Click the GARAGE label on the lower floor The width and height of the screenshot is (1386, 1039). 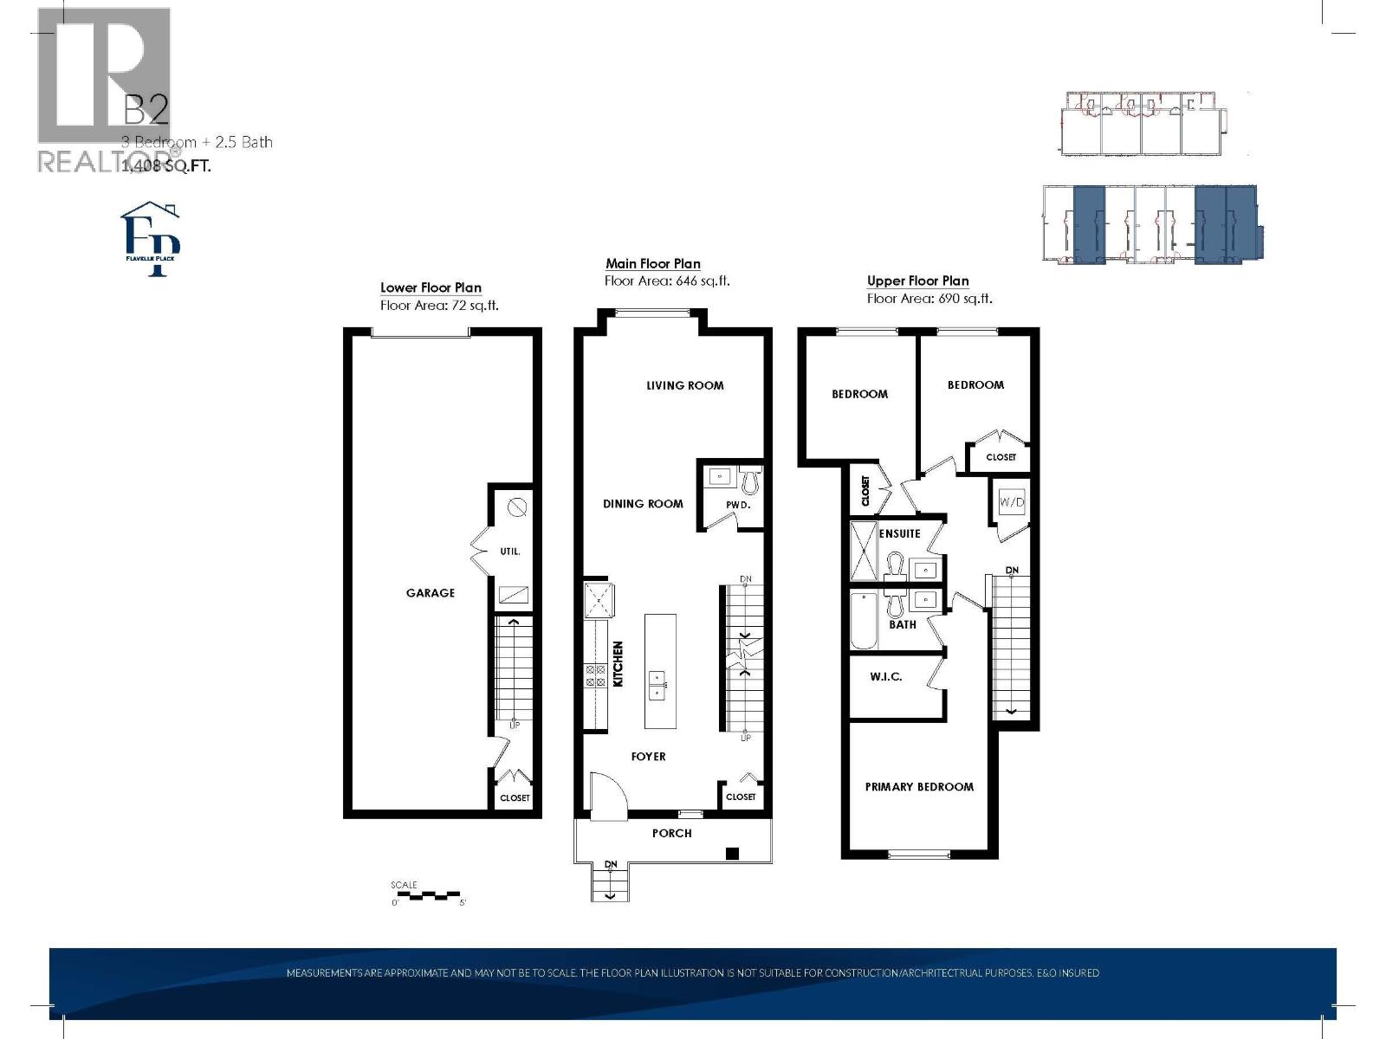point(431,593)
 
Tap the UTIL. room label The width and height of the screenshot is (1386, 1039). point(510,552)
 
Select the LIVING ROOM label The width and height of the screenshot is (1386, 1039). point(684,385)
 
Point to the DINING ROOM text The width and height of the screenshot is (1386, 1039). point(643,503)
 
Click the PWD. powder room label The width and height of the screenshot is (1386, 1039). point(737,504)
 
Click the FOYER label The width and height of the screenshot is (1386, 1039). point(648,757)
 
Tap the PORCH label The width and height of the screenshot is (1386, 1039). point(671,833)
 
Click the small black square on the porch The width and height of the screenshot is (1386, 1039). point(732,854)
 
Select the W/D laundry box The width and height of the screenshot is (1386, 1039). point(1011,502)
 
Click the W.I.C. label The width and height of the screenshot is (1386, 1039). point(885,676)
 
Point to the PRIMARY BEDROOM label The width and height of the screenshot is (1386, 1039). point(919,787)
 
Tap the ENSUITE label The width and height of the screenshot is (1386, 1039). point(899,533)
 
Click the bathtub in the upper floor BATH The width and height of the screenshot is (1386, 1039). point(864,621)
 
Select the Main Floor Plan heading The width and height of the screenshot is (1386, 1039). point(652,264)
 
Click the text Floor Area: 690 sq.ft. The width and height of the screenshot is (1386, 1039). point(929,299)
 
